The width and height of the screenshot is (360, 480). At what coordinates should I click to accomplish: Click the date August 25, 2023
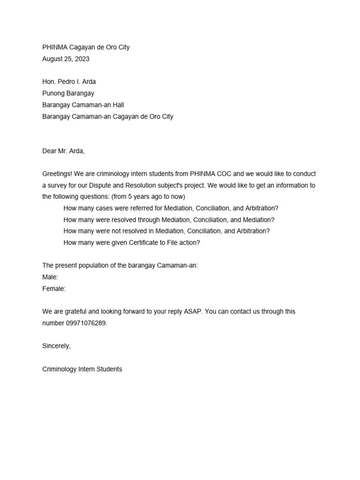click(x=66, y=59)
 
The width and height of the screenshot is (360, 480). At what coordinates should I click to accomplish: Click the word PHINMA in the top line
click(x=55, y=47)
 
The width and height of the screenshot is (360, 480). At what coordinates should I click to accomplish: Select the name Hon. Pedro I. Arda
click(x=69, y=82)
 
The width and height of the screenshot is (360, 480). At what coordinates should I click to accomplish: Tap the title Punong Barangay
click(x=68, y=93)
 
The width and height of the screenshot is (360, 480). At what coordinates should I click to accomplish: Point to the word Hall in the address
click(x=118, y=105)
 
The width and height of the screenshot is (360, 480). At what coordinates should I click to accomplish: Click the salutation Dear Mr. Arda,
click(x=64, y=151)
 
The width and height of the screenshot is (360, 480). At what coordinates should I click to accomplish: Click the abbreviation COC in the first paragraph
click(x=224, y=174)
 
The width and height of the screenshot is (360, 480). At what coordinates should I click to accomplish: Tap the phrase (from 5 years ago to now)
click(x=148, y=197)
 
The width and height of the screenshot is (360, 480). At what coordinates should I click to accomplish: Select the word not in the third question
click(x=127, y=231)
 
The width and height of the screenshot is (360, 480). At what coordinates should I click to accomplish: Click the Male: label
click(x=50, y=277)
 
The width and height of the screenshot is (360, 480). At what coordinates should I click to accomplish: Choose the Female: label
click(x=54, y=289)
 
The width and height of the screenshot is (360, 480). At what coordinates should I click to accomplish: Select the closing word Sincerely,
click(x=56, y=346)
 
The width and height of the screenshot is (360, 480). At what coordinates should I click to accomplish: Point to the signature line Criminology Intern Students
click(x=82, y=369)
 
